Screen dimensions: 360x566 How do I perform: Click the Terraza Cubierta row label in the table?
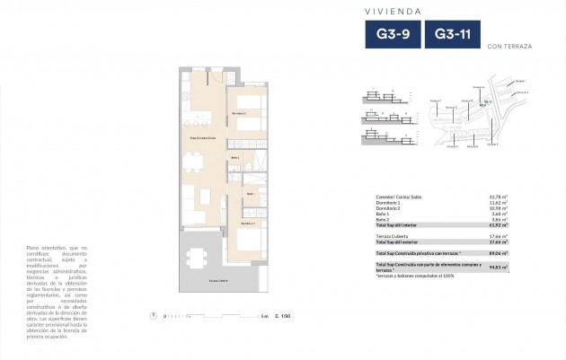394,234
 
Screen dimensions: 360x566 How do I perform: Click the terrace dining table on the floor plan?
194,258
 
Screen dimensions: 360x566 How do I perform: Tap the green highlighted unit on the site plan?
487,103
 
